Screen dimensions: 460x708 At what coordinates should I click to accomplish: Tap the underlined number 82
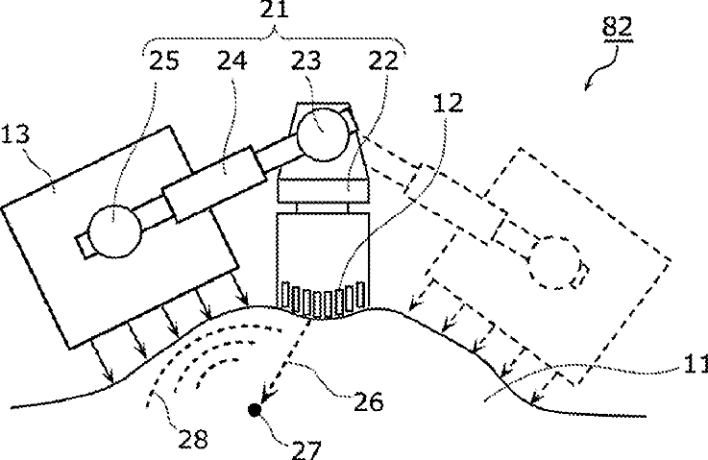pos(616,28)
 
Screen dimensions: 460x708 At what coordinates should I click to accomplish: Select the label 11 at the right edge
pos(696,364)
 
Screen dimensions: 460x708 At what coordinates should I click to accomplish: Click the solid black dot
pos(255,411)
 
